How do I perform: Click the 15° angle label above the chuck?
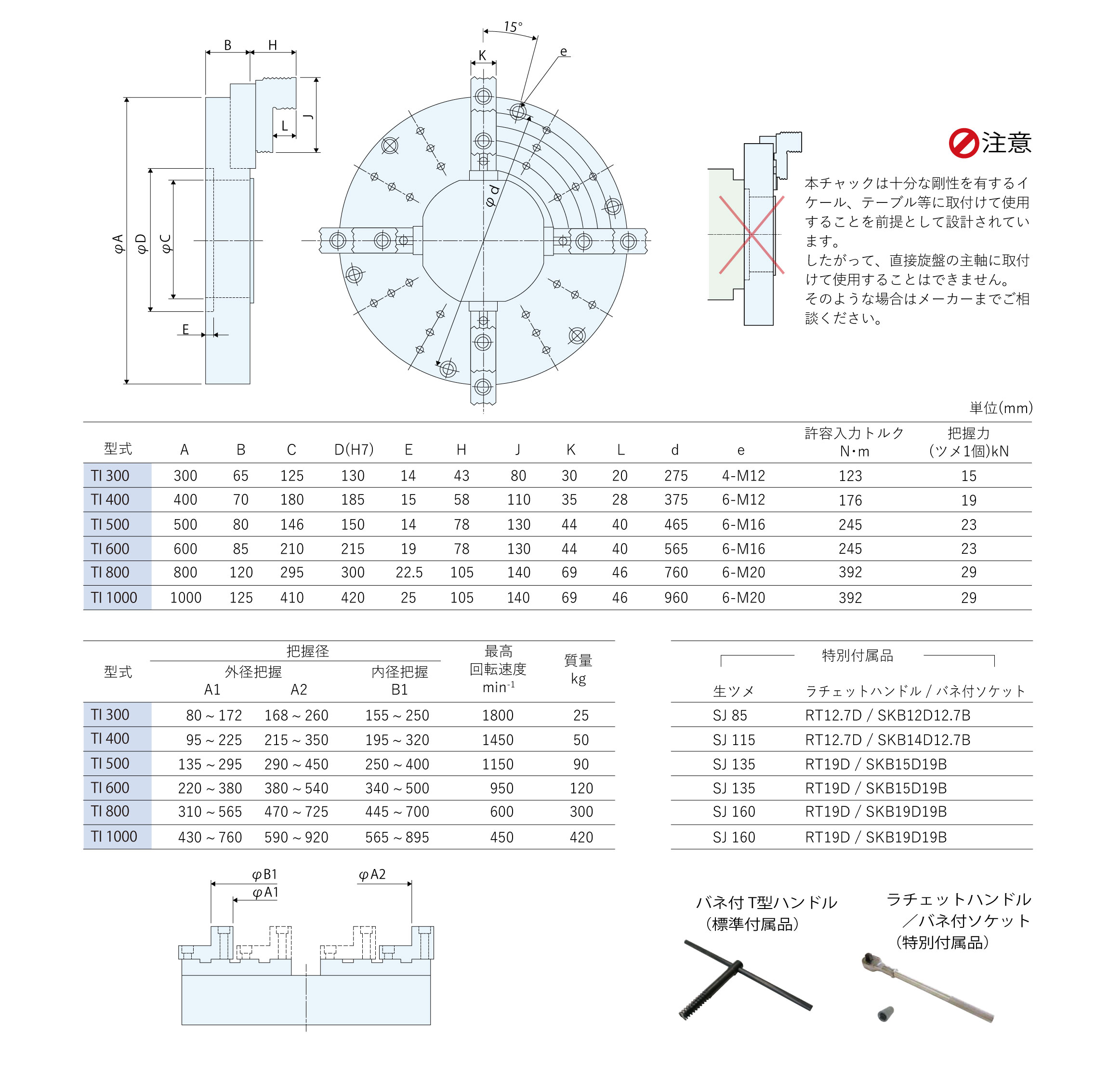coord(513,27)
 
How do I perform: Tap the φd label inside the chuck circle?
coord(492,196)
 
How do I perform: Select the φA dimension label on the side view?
coord(118,244)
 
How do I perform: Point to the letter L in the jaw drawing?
coord(284,126)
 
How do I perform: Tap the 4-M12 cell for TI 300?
coord(743,476)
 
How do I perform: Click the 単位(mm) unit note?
coord(1001,408)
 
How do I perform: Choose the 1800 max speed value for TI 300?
coord(498,715)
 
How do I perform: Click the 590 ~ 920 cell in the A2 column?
coord(296,838)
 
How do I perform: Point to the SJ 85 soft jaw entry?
coord(729,715)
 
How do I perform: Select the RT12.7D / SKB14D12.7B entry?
coord(887,740)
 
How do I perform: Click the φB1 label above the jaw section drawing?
coord(264,875)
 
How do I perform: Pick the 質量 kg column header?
coord(578,669)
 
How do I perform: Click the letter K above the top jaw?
coord(482,55)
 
